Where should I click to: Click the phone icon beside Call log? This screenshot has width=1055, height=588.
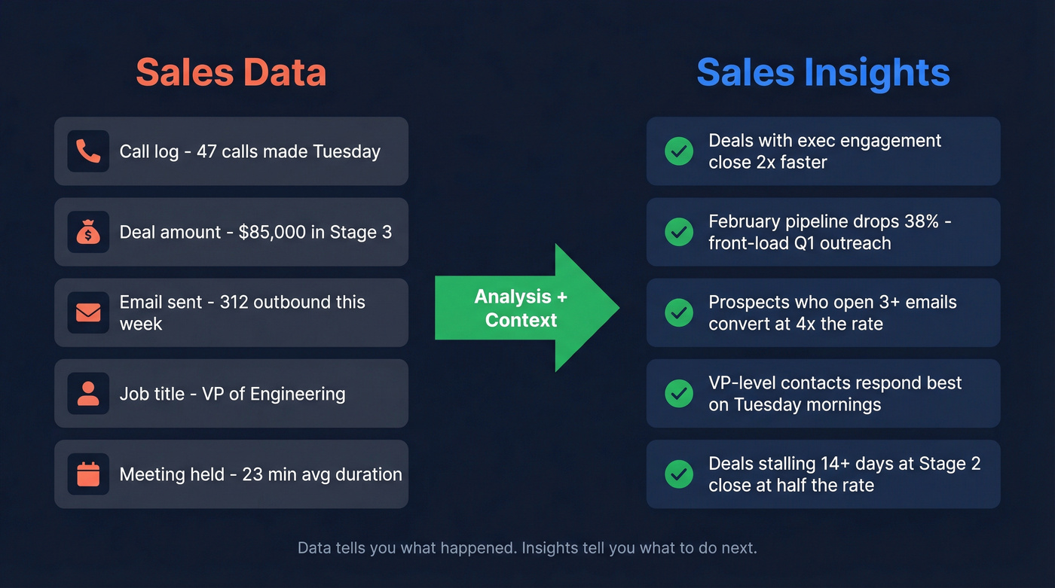point(88,151)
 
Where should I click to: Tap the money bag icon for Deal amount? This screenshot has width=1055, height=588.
point(88,232)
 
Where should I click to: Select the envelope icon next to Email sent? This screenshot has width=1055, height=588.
point(88,312)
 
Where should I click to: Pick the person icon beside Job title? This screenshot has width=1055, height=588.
point(88,394)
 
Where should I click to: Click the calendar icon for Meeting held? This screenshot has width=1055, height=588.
point(88,474)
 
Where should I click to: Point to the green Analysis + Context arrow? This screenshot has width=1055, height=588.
point(527,308)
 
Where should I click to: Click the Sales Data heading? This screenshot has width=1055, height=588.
point(231,73)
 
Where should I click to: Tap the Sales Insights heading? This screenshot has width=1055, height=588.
point(823,73)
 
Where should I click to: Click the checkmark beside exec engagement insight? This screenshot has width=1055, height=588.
point(679,151)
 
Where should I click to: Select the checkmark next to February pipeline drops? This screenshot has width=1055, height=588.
point(679,232)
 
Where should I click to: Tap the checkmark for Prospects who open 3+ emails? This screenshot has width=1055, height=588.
point(679,312)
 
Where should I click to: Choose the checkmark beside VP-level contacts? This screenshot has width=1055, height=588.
point(679,394)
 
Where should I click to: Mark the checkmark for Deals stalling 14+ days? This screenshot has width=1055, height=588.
point(679,474)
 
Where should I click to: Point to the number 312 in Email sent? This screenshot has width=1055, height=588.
point(234,302)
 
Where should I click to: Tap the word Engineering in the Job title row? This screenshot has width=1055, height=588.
point(298,394)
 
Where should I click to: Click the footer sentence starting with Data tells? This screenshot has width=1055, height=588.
point(527,547)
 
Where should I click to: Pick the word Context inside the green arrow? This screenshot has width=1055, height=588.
point(521,320)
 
